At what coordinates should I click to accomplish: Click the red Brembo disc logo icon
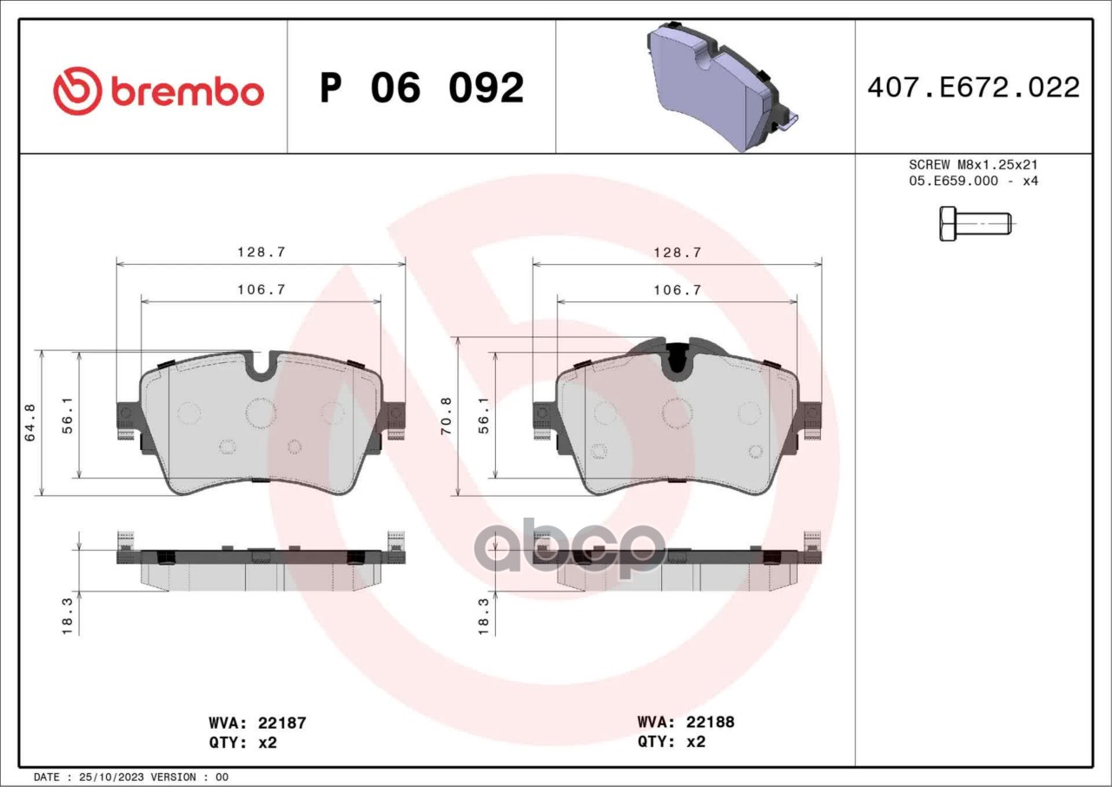point(77,91)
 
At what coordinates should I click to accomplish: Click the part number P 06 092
point(422,88)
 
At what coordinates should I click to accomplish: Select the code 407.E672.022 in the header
point(974,88)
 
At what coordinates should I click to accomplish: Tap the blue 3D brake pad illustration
point(722,87)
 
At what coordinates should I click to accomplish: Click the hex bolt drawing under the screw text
point(975,224)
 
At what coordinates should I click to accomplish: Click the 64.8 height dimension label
point(30,423)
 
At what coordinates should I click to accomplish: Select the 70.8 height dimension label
point(447,416)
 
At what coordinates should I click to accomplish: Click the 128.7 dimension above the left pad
point(261,252)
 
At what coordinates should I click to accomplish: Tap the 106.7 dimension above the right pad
point(677,290)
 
